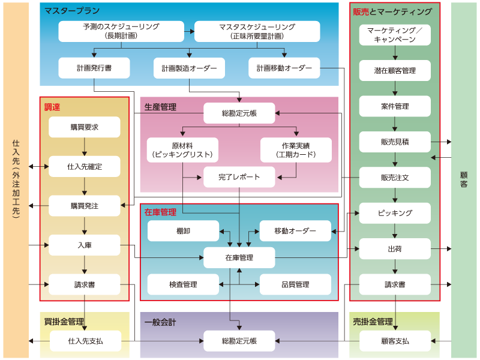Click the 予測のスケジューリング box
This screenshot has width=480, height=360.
coord(121,31)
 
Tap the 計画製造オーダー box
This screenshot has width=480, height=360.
coord(189,68)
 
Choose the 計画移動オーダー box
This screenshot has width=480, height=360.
coord(284,68)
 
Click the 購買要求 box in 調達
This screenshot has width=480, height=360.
coord(85,127)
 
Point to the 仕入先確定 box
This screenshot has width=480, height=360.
coord(85,166)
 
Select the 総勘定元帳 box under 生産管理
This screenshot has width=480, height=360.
coord(239,113)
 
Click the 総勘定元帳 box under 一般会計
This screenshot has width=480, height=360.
coord(239,341)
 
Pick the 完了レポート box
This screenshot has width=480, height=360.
coord(239,177)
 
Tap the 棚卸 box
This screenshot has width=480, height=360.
coord(184,231)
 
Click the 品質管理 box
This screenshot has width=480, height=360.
coord(295,284)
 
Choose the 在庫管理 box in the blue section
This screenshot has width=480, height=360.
coord(239,257)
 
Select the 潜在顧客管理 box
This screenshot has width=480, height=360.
coord(395,70)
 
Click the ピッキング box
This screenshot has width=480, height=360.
coord(395,213)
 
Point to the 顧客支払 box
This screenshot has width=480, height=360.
coord(395,341)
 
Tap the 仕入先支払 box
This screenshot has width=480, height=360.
coord(85,341)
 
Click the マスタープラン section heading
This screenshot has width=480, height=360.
coord(72,11)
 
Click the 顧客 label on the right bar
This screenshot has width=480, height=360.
coord(464,180)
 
